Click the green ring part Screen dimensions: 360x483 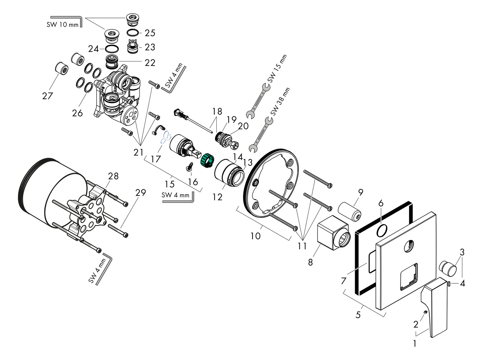[x=207, y=160]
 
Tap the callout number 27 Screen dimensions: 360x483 [x=48, y=96]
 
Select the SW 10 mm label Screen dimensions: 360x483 [x=62, y=25]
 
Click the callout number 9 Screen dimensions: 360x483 [x=360, y=192]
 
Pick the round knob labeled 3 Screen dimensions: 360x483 [x=448, y=267]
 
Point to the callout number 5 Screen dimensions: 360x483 [x=358, y=315]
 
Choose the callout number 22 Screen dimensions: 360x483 [x=150, y=63]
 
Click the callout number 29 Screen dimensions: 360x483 [x=140, y=193]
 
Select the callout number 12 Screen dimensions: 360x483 [x=217, y=197]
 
